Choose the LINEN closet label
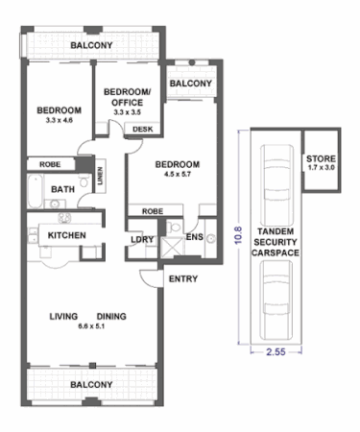(x=100, y=178)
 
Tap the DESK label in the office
(x=141, y=128)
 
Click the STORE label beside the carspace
(x=320, y=159)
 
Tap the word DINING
(x=111, y=316)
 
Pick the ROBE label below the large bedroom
(x=151, y=210)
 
